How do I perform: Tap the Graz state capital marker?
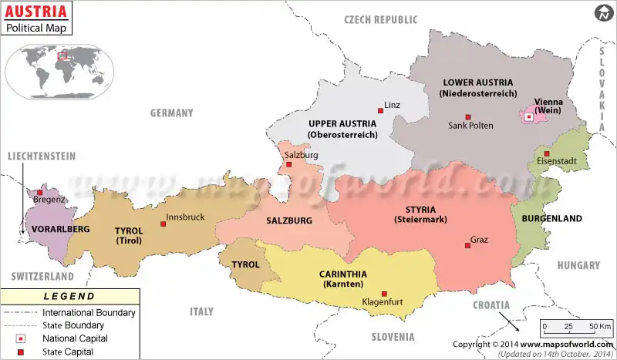467,245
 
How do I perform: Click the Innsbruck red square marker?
163,224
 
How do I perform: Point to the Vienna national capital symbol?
528,117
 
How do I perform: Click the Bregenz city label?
50,200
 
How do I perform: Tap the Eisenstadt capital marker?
546,153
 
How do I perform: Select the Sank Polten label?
470,126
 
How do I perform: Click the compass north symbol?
602,13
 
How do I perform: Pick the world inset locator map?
60,69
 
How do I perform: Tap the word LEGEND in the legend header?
69,296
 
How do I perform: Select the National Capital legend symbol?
21,338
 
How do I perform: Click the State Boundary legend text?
79,325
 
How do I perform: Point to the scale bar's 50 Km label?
599,326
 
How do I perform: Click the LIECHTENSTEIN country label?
42,156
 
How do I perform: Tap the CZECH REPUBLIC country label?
380,20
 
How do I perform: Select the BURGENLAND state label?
551,219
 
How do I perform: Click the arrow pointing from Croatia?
507,319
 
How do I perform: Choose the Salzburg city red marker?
289,164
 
